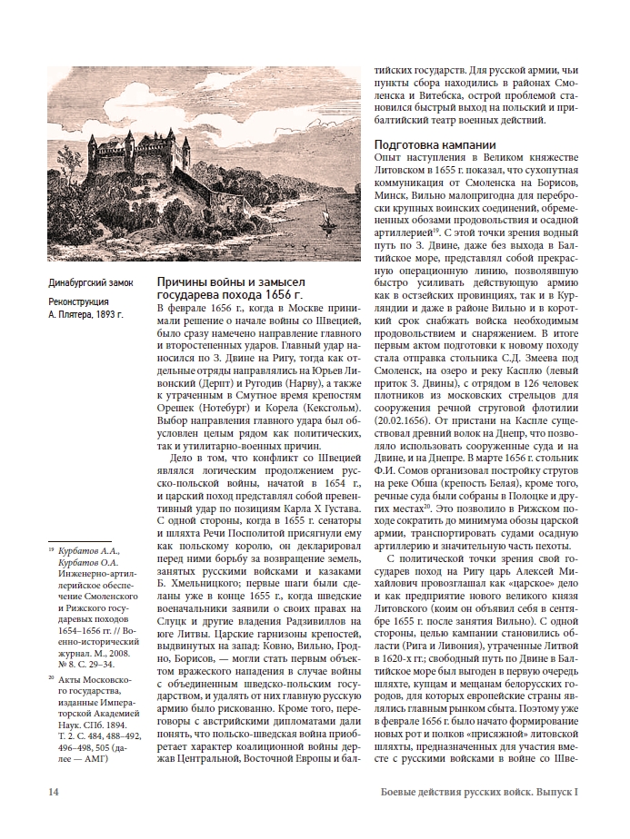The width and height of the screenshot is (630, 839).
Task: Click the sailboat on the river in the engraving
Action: [325, 220]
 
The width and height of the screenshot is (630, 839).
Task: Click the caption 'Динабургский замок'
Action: [90, 282]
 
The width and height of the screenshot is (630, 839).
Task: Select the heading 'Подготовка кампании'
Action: [435, 144]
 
